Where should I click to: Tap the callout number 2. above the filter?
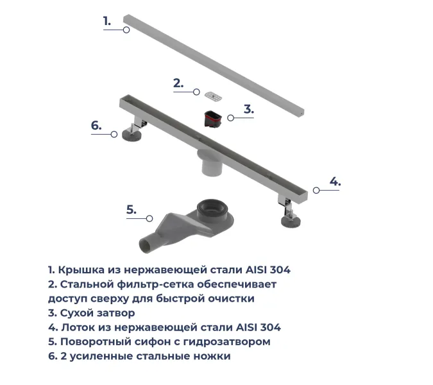pyautogui.click(x=178, y=83)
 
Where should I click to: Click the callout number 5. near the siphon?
pyautogui.click(x=131, y=210)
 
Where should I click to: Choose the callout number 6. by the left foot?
pyautogui.click(x=96, y=125)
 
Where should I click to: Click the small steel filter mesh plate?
pyautogui.click(x=213, y=96)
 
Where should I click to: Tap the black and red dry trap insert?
pyautogui.click(x=212, y=119)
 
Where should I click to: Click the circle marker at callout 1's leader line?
pyautogui.click(x=127, y=30)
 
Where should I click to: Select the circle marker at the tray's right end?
pyautogui.click(x=315, y=190)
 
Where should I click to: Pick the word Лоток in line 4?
pyautogui.click(x=77, y=327)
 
